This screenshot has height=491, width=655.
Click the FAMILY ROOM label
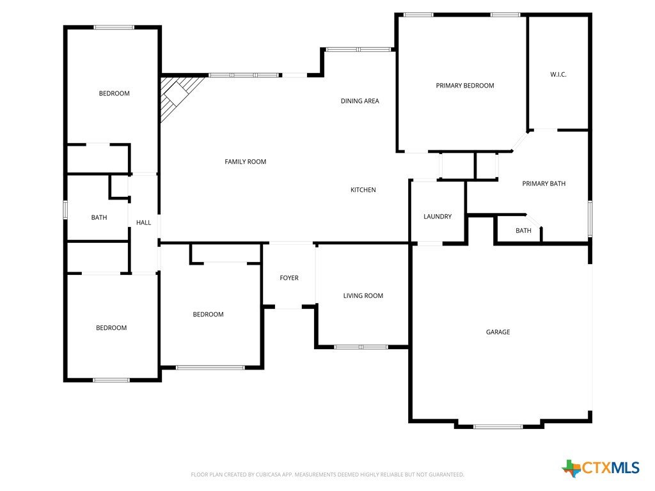click(245, 162)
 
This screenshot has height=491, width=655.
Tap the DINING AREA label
click(359, 100)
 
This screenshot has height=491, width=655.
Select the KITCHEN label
click(363, 189)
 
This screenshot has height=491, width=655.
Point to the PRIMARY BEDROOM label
click(465, 86)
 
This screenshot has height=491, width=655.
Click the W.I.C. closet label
click(558, 74)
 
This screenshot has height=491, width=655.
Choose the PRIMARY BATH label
click(544, 183)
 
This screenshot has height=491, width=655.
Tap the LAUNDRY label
click(438, 216)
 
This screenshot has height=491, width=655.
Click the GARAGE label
click(498, 332)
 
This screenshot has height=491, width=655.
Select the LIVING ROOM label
click(363, 295)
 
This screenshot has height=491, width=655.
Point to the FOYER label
click(289, 277)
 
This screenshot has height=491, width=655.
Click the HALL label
click(144, 222)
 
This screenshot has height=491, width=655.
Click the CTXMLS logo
click(601, 468)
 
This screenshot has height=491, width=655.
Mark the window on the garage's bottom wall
click(498, 426)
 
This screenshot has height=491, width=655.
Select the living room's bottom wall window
click(361, 347)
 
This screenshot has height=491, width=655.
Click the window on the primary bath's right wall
click(590, 219)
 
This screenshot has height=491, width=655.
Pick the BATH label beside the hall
click(99, 217)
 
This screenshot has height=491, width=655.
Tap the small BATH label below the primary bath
click(523, 230)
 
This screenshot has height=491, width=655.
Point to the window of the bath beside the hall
click(65, 209)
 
